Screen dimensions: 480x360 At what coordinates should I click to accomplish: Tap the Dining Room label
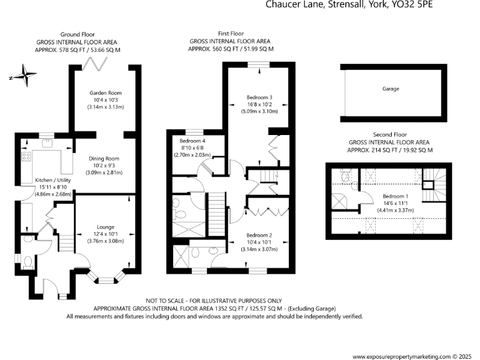click(106, 159)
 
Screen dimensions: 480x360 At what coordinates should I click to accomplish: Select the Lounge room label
click(106, 227)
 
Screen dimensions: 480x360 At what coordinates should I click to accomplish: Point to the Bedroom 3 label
click(259, 97)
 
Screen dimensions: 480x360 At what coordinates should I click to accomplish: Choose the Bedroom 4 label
click(192, 141)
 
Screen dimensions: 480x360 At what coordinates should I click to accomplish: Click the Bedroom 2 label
click(259, 235)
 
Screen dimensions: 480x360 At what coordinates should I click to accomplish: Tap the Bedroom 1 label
click(394, 196)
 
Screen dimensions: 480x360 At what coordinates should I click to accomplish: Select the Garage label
click(391, 89)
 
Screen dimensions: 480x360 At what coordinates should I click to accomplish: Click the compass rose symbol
click(23, 77)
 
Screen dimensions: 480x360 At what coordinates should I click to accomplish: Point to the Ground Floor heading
click(77, 34)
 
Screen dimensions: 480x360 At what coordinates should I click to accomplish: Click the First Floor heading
click(231, 33)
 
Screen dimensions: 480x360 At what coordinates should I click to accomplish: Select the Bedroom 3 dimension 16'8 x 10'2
click(259, 104)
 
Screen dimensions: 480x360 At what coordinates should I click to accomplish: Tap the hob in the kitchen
click(27, 156)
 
